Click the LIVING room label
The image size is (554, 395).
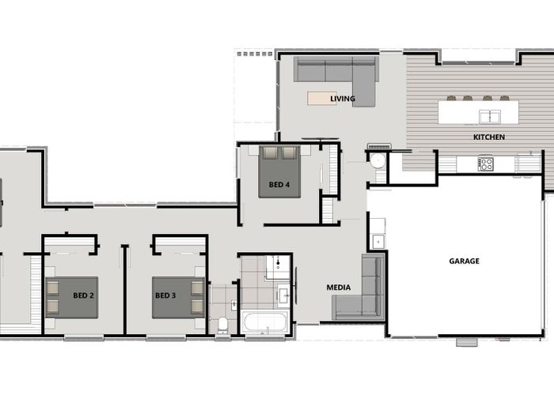point(342,100)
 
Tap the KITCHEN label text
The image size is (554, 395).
point(489,137)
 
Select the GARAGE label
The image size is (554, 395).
point(464,261)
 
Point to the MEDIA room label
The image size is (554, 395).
point(339,288)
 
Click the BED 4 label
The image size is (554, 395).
point(279,185)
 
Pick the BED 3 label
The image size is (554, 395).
point(165,295)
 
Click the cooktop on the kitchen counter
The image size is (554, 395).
point(485,164)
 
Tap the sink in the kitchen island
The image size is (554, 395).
point(489,117)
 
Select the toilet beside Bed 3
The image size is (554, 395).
point(223,324)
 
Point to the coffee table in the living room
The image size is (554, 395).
point(324,98)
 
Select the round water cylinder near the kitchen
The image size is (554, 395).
point(378,162)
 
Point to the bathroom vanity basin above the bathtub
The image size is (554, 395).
point(283,297)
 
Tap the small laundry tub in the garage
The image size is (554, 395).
point(378,241)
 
